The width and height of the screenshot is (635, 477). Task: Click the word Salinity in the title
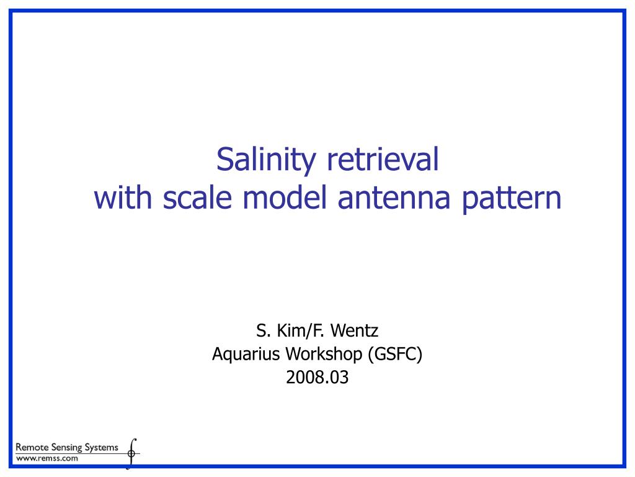pyautogui.click(x=265, y=160)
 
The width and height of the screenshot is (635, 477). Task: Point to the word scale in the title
pyautogui.click(x=200, y=198)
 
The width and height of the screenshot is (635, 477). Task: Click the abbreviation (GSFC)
pyautogui.click(x=394, y=355)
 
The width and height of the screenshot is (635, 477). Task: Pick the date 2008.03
pyautogui.click(x=317, y=377)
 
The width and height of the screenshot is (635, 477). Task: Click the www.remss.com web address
pyautogui.click(x=47, y=458)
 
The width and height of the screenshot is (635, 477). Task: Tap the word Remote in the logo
pyautogui.click(x=32, y=447)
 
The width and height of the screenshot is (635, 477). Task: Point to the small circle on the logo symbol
pyautogui.click(x=131, y=454)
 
